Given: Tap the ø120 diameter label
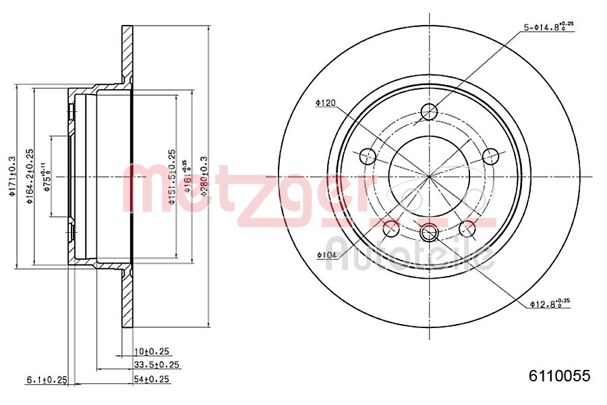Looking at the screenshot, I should [x=325, y=103].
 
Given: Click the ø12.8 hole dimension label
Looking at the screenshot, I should [x=550, y=304].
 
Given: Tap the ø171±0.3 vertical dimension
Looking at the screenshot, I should [x=11, y=177].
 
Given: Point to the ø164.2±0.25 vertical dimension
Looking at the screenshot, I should [x=30, y=177].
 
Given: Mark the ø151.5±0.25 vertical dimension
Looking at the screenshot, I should [x=171, y=177].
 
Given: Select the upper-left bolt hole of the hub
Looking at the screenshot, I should [x=368, y=157].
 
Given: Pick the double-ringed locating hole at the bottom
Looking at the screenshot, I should [x=429, y=234].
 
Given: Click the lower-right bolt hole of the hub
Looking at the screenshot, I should [x=467, y=229].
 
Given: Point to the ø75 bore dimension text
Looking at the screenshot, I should [x=47, y=177].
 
